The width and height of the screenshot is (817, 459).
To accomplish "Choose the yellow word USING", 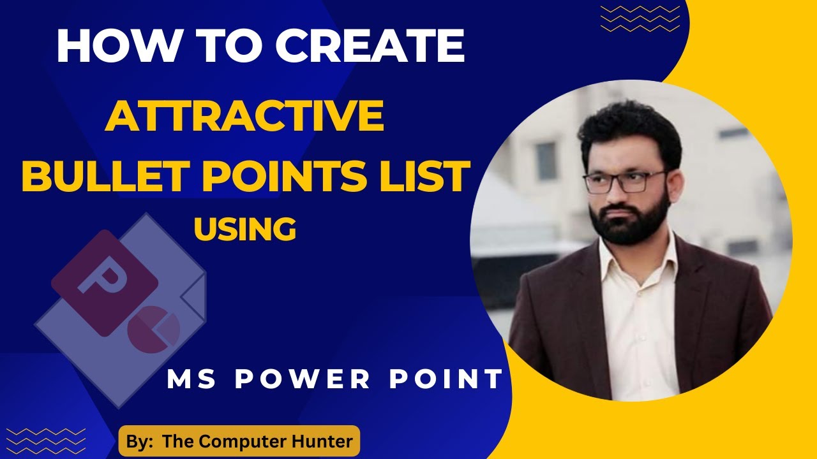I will point(244,228).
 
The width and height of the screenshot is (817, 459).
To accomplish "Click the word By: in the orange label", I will point(140,442).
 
